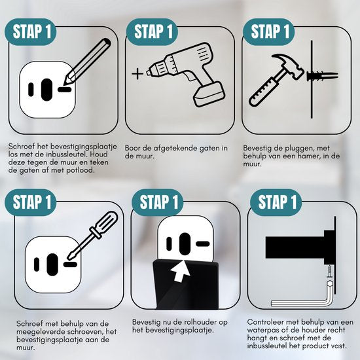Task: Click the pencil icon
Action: pos(88,62)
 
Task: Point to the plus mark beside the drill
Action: pos(137,74)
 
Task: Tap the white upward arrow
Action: pos(181,270)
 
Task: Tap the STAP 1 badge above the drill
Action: pos(153,31)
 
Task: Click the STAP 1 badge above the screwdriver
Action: pos(31,202)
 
